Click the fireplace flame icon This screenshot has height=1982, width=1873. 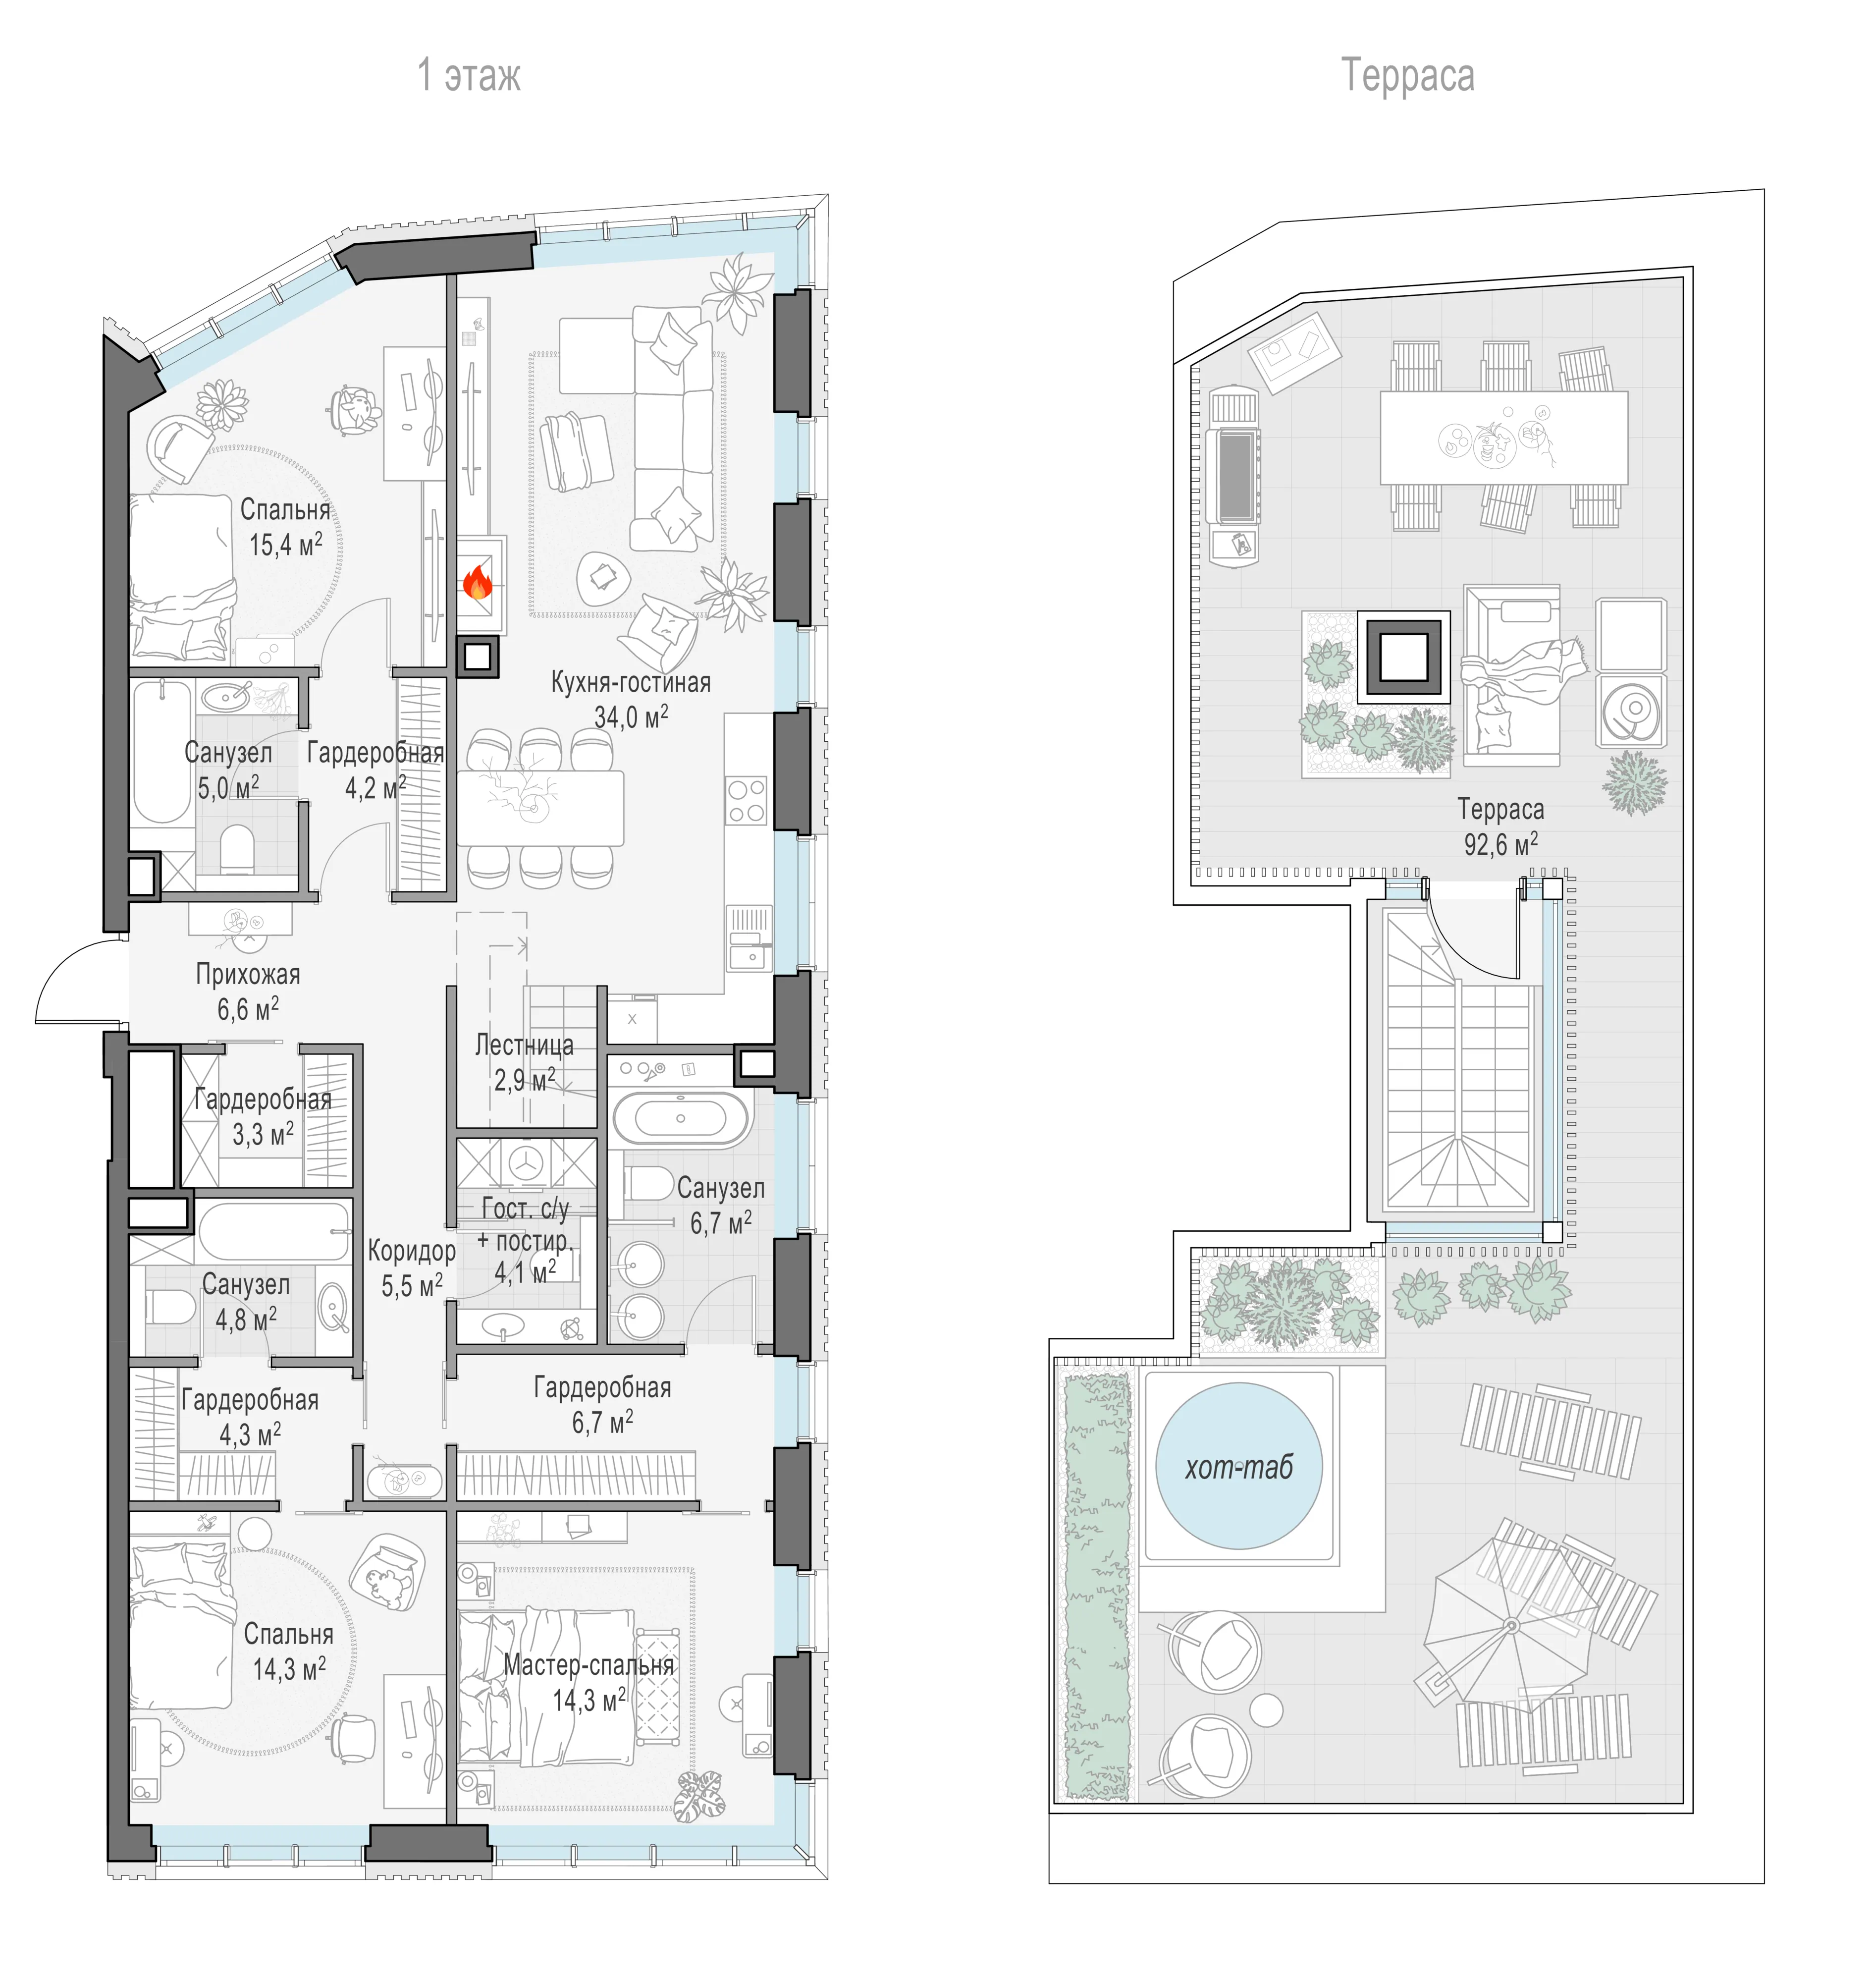click(x=478, y=582)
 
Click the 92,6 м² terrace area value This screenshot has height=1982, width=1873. click(x=1500, y=844)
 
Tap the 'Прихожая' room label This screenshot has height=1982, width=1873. click(x=248, y=975)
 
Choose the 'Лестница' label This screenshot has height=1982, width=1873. click(x=524, y=1046)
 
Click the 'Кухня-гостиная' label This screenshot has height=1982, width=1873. click(x=631, y=683)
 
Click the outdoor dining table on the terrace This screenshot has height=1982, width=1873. click(x=1503, y=438)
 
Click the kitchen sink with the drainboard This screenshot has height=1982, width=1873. click(x=749, y=938)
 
